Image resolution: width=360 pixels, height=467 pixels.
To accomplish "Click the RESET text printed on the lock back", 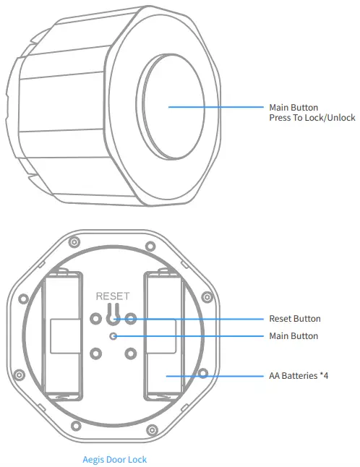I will pyautogui.click(x=113, y=296).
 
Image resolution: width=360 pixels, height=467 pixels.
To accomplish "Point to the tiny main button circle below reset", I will pyautogui.click(x=112, y=336).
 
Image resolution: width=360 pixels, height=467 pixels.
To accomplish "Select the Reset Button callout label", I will pyautogui.click(x=294, y=319).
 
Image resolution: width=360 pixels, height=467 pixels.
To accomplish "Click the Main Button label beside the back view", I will pyautogui.click(x=293, y=336).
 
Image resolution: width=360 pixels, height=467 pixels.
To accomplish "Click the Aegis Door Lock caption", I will pyautogui.click(x=115, y=459).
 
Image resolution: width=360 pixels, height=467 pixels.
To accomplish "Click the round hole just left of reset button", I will pyautogui.click(x=95, y=317).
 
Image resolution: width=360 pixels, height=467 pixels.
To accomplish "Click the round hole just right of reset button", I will pyautogui.click(x=131, y=317).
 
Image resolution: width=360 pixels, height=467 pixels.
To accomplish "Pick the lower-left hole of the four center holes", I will pyautogui.click(x=95, y=354).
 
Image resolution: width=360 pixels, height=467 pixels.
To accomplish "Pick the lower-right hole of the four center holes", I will pyautogui.click(x=131, y=354).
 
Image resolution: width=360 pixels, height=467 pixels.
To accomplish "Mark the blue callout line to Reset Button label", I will pyautogui.click(x=195, y=319).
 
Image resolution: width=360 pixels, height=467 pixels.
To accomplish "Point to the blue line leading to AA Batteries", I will pyautogui.click(x=217, y=375).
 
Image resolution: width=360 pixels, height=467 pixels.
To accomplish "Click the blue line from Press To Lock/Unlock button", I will pyautogui.click(x=217, y=108).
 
